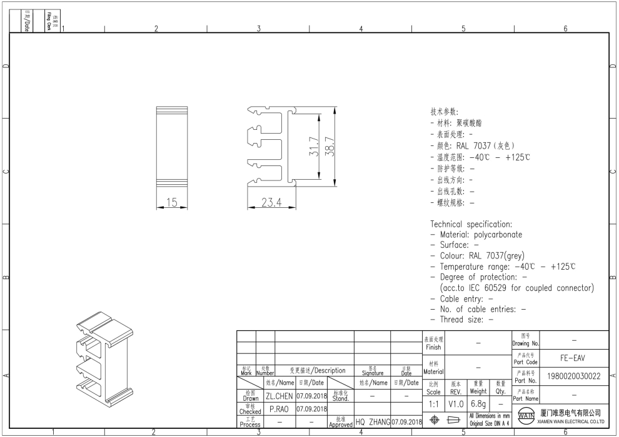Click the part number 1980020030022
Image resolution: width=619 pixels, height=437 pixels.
click(x=573, y=376)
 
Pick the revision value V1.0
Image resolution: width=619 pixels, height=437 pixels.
click(x=456, y=405)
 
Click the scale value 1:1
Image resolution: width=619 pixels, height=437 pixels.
click(x=433, y=405)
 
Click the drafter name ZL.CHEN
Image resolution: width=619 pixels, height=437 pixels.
click(x=279, y=396)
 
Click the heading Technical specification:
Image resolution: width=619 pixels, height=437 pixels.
click(x=471, y=223)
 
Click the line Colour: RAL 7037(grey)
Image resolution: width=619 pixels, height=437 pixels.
click(x=481, y=255)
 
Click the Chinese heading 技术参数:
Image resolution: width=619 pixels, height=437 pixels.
click(x=444, y=112)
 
